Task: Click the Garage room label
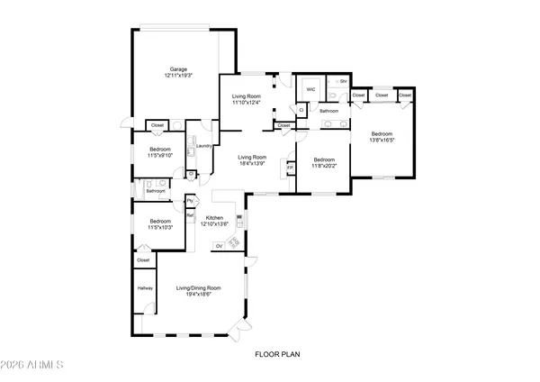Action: pos(179,69)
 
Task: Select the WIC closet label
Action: pos(310,90)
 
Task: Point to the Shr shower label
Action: pos(343,80)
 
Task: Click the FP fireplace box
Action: pos(290,168)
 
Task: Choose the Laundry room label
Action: pos(203,146)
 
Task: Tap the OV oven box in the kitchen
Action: pos(219,245)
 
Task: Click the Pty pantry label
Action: pos(190,201)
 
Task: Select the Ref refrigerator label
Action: pos(190,215)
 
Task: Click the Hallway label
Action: pos(144,287)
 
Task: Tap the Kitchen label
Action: pos(214,218)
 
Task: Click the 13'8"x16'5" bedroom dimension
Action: pos(382,141)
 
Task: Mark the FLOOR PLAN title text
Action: pos(275,354)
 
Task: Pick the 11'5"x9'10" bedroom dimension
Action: pos(160,154)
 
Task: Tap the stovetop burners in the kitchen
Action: pos(235,240)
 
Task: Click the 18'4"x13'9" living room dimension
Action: pos(252,163)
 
